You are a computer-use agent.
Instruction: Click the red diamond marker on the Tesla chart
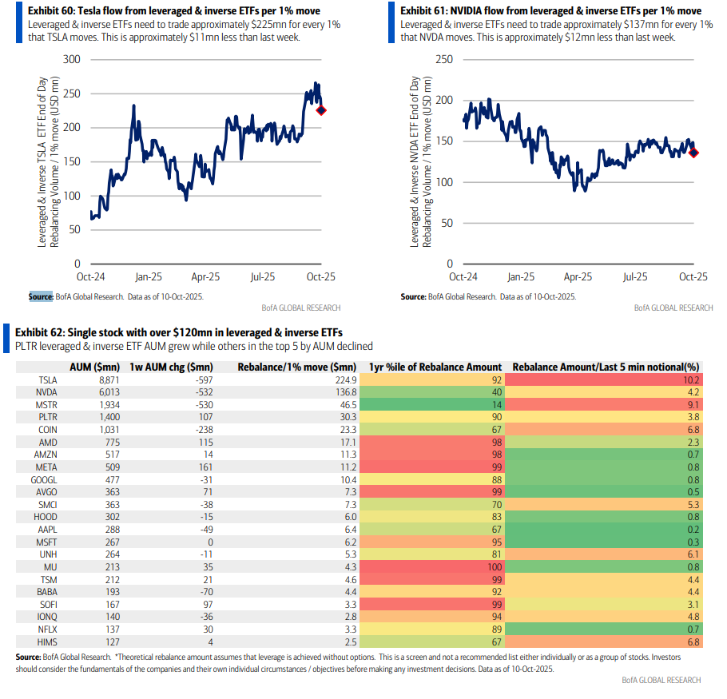321,110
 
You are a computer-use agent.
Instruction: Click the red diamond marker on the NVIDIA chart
693,153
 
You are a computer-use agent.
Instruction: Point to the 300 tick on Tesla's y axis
71,60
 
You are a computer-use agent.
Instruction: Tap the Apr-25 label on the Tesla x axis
205,277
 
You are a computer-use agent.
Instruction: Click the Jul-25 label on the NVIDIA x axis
635,277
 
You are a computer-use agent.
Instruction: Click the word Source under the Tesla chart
40,296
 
